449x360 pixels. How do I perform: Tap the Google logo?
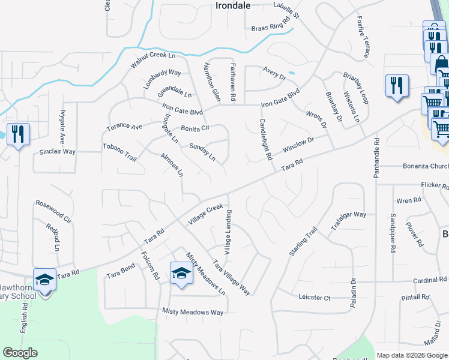20,353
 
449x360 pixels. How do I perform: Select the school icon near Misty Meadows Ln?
180,274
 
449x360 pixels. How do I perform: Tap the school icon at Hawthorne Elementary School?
44,280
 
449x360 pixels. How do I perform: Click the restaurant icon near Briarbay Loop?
396,86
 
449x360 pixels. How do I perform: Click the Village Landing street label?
228,230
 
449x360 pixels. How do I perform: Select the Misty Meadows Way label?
193,312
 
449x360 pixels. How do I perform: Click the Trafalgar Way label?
348,221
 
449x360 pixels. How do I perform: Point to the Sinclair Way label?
58,152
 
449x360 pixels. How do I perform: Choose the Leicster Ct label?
315,298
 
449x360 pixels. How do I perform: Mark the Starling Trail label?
303,242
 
